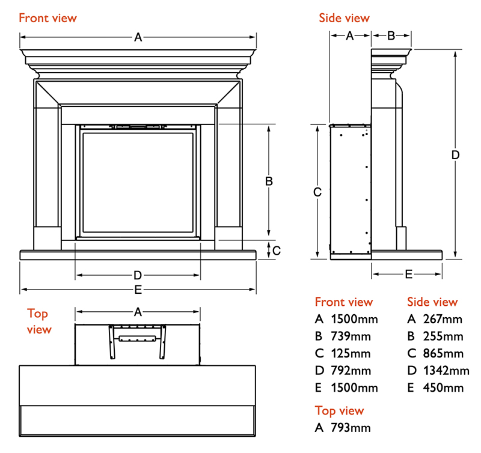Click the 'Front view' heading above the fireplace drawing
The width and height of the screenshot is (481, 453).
click(47, 17)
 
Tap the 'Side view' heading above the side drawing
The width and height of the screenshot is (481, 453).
click(344, 18)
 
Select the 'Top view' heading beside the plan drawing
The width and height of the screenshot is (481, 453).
click(39, 321)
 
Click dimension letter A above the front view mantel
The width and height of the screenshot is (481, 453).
click(138, 37)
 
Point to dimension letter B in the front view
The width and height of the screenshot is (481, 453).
click(269, 181)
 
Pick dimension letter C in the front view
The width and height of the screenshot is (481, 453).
click(277, 251)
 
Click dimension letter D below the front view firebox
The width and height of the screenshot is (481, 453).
click(138, 276)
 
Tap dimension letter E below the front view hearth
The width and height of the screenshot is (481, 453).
click(138, 290)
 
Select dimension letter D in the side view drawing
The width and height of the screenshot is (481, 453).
click(456, 154)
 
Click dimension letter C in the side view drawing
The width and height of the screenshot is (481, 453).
click(318, 192)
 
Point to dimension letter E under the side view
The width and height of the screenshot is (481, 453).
click(408, 275)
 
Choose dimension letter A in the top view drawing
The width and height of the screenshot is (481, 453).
click(138, 312)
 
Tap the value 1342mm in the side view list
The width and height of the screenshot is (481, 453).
click(446, 371)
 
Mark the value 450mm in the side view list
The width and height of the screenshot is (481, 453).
click(443, 388)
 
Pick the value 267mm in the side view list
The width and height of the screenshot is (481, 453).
click(443, 319)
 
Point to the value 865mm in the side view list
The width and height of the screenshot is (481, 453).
click(443, 353)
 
